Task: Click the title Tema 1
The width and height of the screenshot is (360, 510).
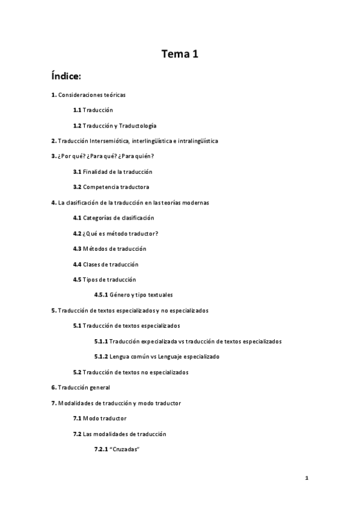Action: point(180,55)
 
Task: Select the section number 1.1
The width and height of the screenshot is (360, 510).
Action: point(77,110)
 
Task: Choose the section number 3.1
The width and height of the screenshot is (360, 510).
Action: point(77,172)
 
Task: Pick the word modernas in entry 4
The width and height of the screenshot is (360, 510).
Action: point(195,203)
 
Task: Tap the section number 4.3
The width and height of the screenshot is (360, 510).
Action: point(77,248)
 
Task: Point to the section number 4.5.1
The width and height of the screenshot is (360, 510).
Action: point(102,295)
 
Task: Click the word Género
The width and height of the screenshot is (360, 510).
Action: point(121,295)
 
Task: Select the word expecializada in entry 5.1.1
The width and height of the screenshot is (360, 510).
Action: point(157,341)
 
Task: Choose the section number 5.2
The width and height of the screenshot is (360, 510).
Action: point(77,372)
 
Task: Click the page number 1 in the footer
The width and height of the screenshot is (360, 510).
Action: point(307,479)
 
